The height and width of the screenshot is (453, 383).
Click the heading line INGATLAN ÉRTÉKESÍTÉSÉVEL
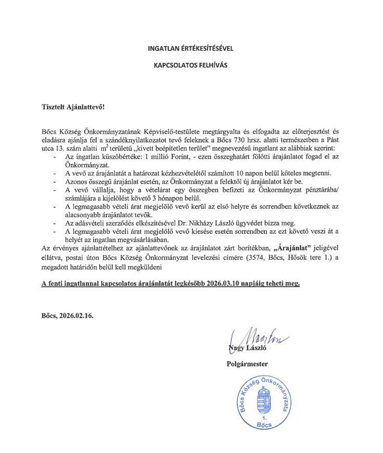point(191,49)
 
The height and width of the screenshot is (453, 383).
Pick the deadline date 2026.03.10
point(228,284)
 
